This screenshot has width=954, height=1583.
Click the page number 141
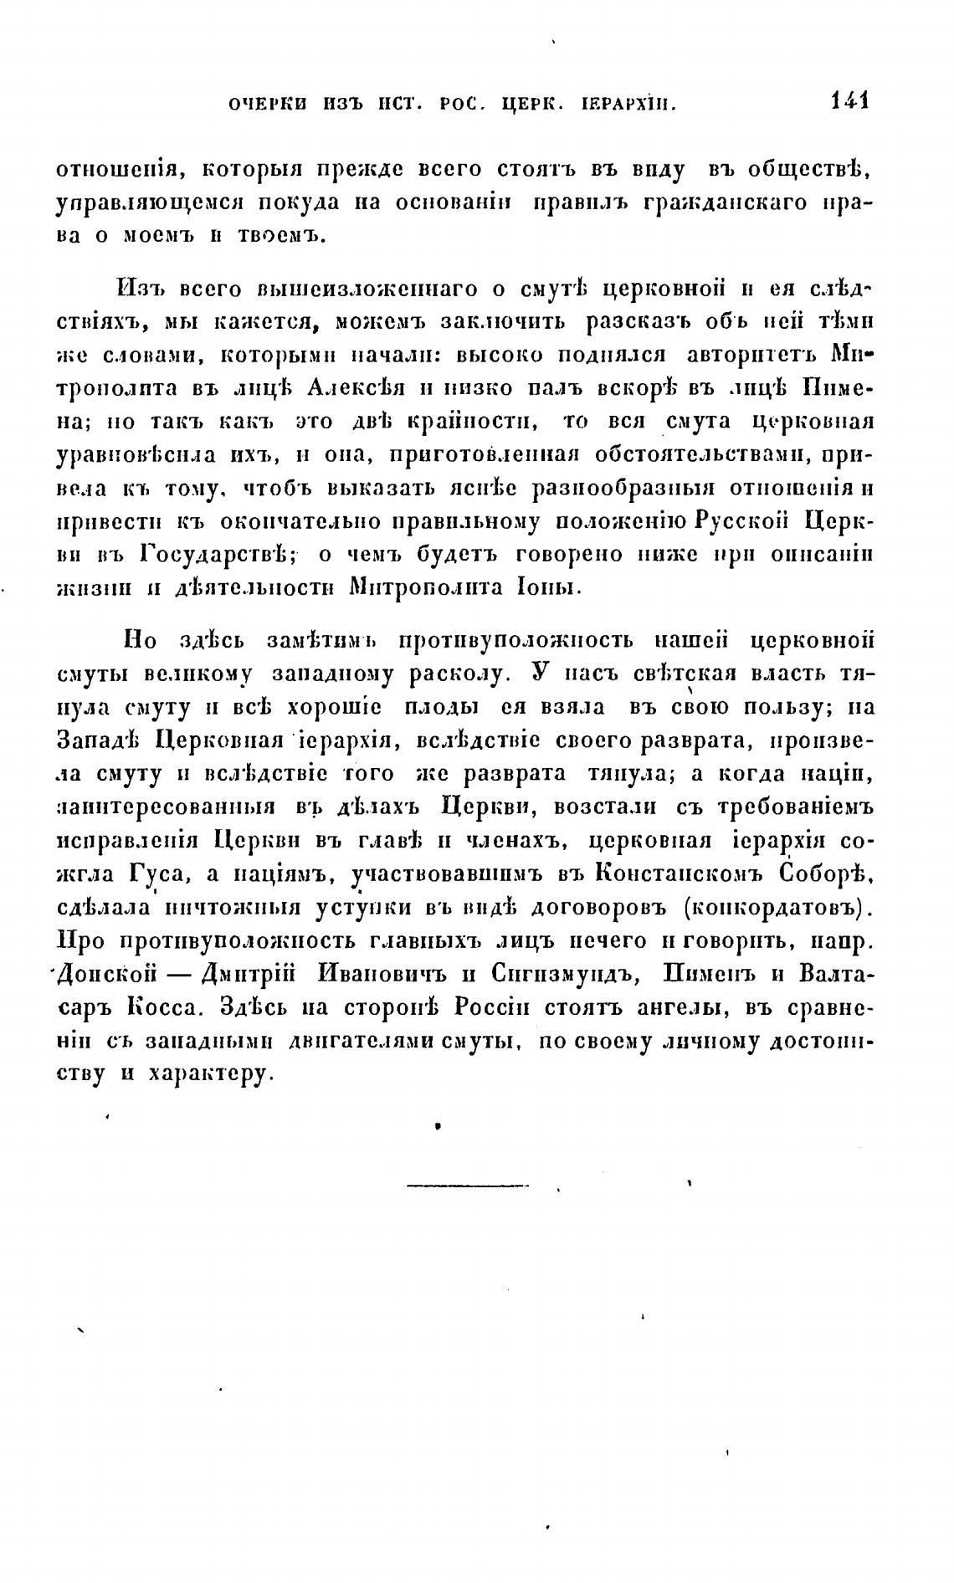pos(849,101)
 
